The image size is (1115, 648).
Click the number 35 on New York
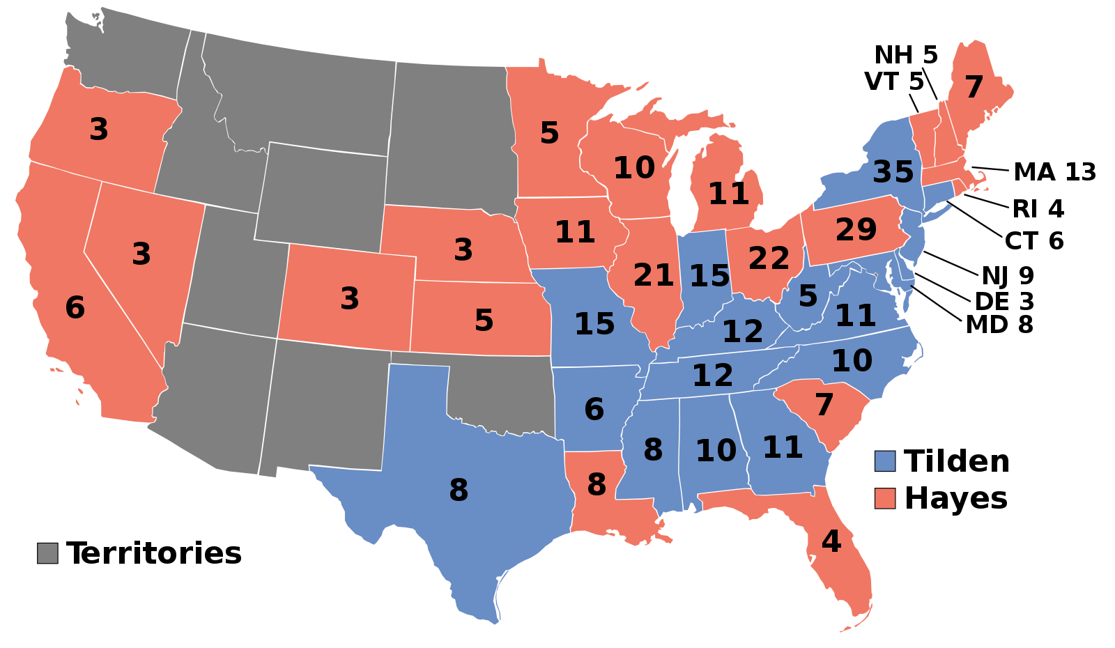pyautogui.click(x=893, y=171)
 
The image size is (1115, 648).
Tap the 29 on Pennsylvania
pyautogui.click(x=856, y=229)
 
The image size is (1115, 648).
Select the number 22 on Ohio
pyautogui.click(x=769, y=259)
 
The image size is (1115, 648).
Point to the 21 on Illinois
pyautogui.click(x=653, y=276)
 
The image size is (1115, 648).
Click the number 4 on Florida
pyautogui.click(x=831, y=541)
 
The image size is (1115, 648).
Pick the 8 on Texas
pyautogui.click(x=459, y=490)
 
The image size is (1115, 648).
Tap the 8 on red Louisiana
pyautogui.click(x=597, y=484)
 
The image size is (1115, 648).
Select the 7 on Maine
pyautogui.click(x=974, y=87)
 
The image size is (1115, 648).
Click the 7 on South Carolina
pyautogui.click(x=824, y=404)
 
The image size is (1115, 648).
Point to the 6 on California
pyautogui.click(x=75, y=307)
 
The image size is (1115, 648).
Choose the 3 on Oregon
pyautogui.click(x=99, y=130)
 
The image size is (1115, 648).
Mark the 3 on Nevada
pyautogui.click(x=141, y=254)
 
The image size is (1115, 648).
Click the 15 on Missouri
pyautogui.click(x=594, y=324)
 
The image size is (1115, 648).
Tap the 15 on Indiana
pyautogui.click(x=709, y=277)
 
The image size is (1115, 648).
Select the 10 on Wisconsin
pyautogui.click(x=634, y=168)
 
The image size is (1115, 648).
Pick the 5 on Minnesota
pyautogui.click(x=549, y=133)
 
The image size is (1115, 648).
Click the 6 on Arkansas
pyautogui.click(x=594, y=409)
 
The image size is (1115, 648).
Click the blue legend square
pyautogui.click(x=885, y=461)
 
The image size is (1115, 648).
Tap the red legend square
pyautogui.click(x=885, y=498)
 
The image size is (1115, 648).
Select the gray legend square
pyautogui.click(x=47, y=553)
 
